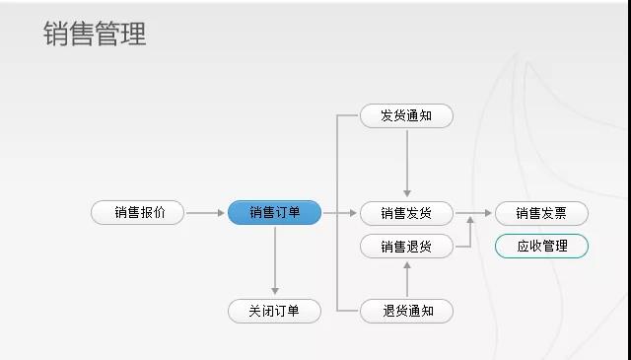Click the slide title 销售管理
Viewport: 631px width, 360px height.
click(95, 35)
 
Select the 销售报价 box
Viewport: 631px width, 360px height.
click(137, 213)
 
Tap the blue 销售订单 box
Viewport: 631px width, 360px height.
click(274, 213)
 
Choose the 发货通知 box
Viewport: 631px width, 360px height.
click(406, 115)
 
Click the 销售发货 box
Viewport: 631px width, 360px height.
click(406, 213)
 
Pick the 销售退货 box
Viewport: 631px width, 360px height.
click(406, 246)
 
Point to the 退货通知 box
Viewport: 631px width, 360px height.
click(406, 312)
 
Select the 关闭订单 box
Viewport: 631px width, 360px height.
click(274, 312)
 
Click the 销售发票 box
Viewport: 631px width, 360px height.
click(541, 213)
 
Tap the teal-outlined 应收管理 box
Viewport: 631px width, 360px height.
click(541, 246)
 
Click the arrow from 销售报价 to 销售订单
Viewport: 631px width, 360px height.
click(205, 213)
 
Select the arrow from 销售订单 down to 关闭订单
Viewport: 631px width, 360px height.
click(274, 261)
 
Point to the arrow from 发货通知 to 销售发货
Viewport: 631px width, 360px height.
click(406, 164)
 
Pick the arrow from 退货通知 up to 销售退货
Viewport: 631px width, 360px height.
click(406, 279)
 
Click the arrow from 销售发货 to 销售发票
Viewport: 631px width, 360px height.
click(473, 213)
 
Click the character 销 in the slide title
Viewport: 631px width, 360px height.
click(56, 35)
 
